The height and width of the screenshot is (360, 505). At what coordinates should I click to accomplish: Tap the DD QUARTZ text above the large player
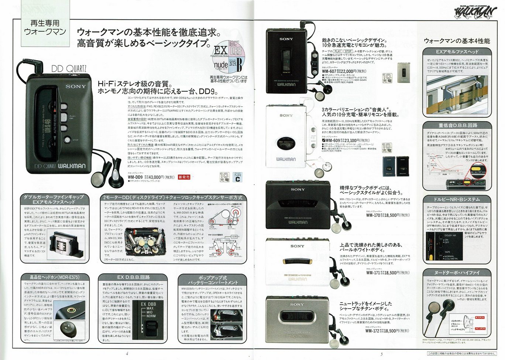point(69,69)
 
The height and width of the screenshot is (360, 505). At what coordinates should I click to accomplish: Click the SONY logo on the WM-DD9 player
point(76,86)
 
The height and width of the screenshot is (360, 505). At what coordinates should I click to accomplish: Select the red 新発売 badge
point(184,177)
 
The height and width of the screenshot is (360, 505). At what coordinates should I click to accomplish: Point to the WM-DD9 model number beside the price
point(135,177)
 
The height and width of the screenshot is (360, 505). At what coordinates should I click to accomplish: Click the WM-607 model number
point(329,71)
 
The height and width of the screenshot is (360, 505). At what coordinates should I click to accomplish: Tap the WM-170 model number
point(373,215)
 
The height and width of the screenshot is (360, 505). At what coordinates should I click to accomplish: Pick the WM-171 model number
point(373,273)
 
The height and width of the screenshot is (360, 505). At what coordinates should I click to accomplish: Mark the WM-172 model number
point(373,331)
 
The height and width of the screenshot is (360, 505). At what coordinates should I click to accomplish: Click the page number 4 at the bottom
point(127,354)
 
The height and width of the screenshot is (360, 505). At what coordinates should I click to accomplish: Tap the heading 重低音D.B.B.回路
point(458,125)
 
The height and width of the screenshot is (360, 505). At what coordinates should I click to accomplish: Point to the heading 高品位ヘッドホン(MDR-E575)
point(54,277)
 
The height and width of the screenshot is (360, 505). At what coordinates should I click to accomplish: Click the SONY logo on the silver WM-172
point(297,305)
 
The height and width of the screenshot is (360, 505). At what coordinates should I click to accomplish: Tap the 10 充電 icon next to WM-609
point(387,148)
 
